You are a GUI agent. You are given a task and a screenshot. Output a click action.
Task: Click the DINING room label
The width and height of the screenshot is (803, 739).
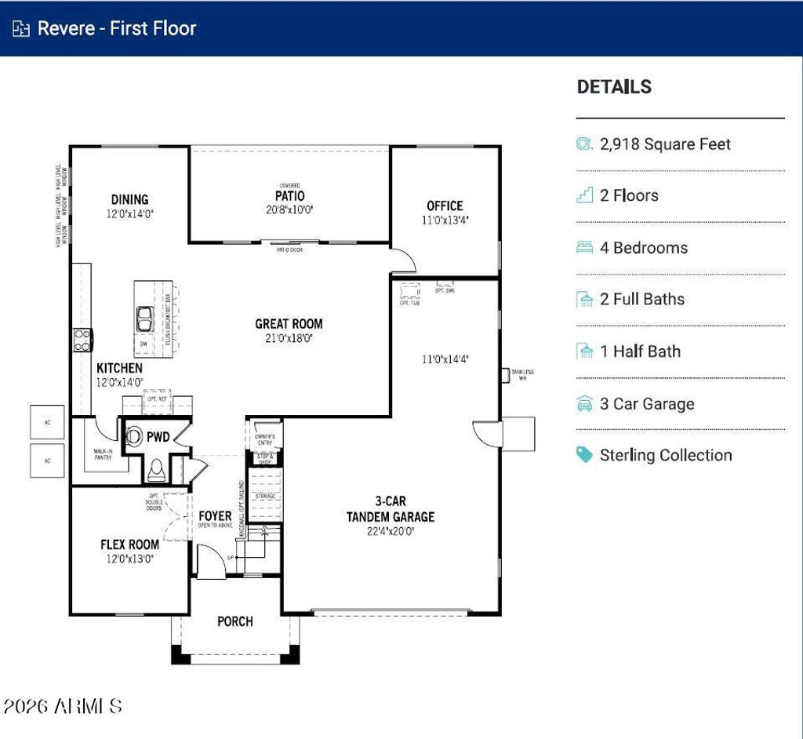pos(129,199)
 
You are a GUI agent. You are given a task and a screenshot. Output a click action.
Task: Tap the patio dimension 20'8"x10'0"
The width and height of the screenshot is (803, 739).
pos(289,209)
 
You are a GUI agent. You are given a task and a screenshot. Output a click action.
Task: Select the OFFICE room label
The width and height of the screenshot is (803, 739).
pos(445,206)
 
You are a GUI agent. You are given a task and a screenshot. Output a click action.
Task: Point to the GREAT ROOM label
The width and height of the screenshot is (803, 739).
pos(289,323)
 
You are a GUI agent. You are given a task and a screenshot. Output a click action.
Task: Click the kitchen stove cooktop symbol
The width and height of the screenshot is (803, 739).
pos(82,339)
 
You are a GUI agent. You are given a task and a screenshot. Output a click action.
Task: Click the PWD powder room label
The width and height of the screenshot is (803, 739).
pos(158,436)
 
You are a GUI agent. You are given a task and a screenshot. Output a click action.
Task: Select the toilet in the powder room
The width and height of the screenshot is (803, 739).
pos(156,468)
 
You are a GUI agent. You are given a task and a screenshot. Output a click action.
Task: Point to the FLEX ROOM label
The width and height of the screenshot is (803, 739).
pos(129,544)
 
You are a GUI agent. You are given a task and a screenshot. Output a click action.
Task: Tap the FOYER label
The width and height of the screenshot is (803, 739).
pos(215,516)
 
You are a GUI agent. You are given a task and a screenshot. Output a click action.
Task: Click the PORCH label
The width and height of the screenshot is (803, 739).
pos(235,621)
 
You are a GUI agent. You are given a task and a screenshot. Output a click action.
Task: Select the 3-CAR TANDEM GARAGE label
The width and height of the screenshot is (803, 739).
pos(390,509)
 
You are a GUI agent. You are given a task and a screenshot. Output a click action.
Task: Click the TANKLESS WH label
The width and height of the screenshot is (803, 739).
pos(522,374)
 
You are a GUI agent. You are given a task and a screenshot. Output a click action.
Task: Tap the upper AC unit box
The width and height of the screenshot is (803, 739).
pos(47,421)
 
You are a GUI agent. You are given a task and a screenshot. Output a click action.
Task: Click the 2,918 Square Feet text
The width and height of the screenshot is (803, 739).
pos(665,144)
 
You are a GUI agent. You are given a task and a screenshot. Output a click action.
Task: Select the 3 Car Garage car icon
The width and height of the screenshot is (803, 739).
pos(584,404)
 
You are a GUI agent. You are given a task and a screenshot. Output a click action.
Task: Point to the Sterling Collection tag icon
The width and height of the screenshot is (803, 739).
pos(584,455)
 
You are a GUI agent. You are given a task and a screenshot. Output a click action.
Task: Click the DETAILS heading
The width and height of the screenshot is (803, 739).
pos(614,87)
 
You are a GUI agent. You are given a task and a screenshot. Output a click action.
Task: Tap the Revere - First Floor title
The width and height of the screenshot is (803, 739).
pos(117,28)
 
